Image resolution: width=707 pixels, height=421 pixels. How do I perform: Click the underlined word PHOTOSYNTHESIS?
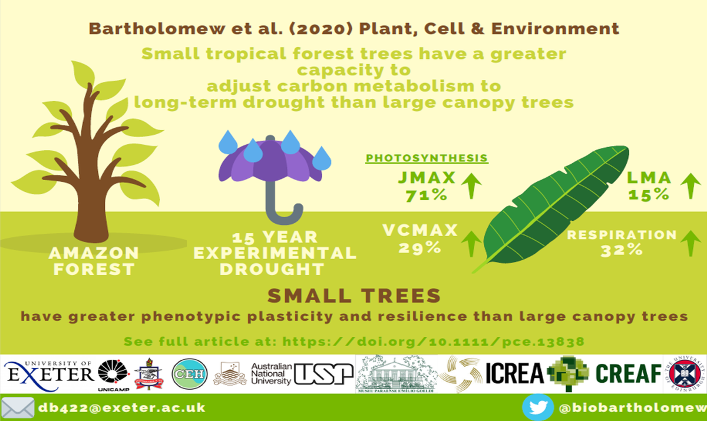(x=427, y=158)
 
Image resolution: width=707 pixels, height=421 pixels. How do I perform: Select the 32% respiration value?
(x=621, y=250)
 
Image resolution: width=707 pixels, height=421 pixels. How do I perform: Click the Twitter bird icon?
(x=537, y=408)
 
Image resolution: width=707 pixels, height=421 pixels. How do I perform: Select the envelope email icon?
(x=17, y=408)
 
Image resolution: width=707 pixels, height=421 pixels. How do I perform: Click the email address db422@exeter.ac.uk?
(x=121, y=408)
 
